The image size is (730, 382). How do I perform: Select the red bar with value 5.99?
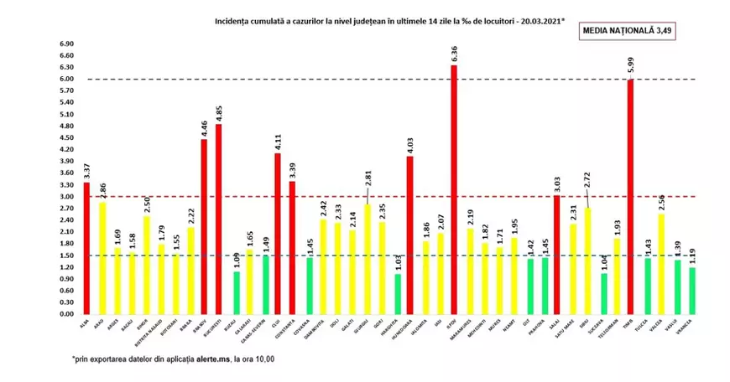(x=630, y=197)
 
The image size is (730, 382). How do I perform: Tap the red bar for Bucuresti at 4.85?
(x=218, y=219)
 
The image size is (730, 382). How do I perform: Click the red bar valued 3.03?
(x=556, y=255)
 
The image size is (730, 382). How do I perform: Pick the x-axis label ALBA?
(x=84, y=321)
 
